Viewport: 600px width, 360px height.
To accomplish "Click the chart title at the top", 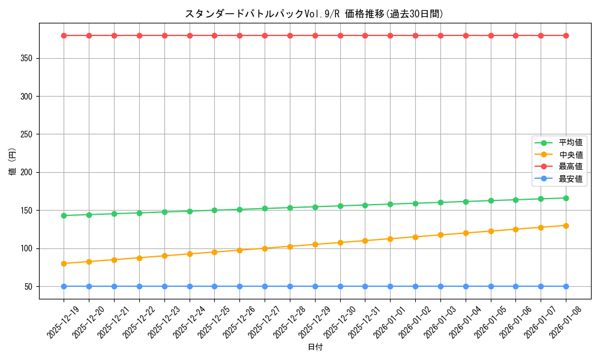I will tap(314, 14).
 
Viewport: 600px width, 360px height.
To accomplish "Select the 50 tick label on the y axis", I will tap(29, 287).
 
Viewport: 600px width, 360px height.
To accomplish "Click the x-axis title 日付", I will tap(315, 347).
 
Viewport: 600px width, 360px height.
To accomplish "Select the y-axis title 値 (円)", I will tap(13, 162).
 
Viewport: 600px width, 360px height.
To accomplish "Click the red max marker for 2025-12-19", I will tap(64, 35).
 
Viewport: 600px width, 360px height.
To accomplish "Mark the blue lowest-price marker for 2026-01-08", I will tap(566, 287).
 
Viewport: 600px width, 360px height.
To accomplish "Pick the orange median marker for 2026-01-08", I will tap(566, 226).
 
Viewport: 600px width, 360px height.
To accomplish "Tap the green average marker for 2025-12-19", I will tap(64, 215).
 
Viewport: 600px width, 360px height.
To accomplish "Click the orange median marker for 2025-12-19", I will tap(64, 263).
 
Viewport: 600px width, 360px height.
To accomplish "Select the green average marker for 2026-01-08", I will tap(566, 198).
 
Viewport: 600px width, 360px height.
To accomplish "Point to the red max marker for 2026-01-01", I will tap(390, 35).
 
